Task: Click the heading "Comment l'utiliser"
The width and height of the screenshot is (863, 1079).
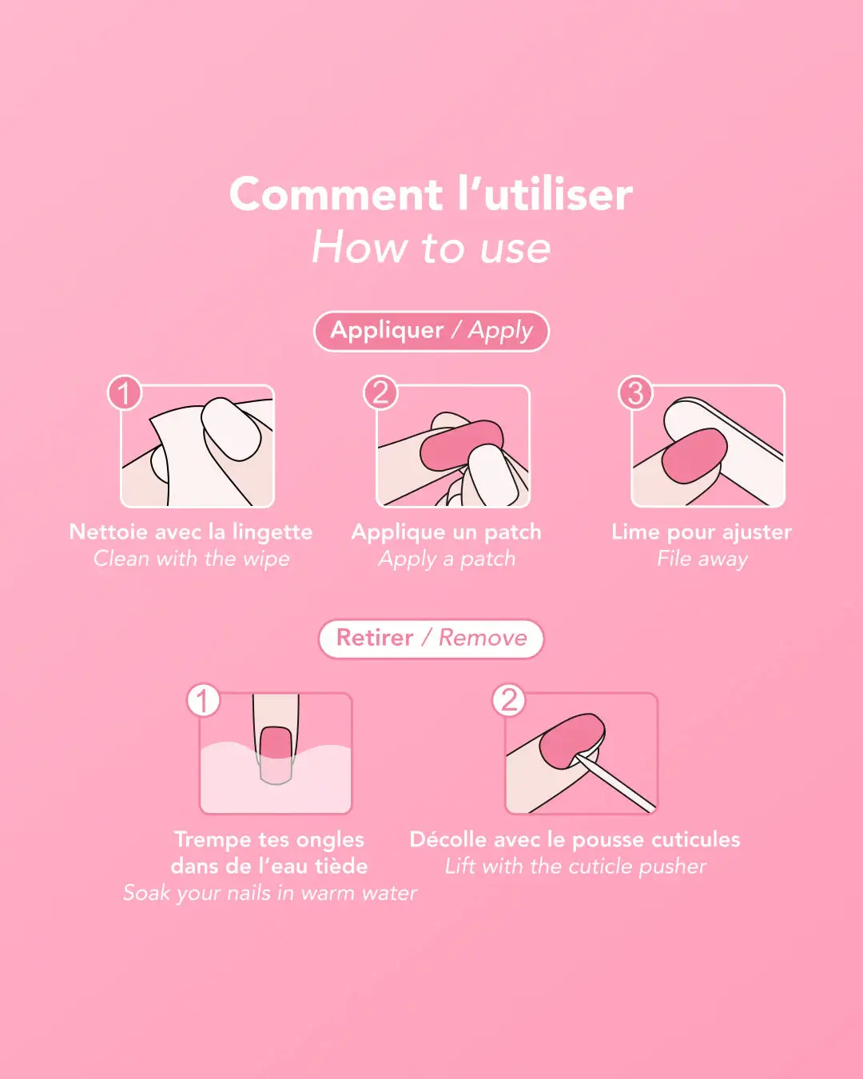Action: [x=431, y=194]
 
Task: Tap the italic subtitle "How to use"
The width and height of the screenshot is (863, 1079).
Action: [x=431, y=247]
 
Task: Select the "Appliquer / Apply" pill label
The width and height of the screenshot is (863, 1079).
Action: [x=431, y=331]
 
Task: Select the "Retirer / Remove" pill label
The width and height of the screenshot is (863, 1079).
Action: [x=431, y=639]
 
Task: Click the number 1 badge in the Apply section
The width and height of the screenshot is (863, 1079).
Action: [x=125, y=392]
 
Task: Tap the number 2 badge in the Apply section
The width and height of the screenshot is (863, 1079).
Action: [x=380, y=392]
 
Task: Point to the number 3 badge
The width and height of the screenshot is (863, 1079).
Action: [x=635, y=392]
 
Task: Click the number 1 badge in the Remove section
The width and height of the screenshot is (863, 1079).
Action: [x=203, y=700]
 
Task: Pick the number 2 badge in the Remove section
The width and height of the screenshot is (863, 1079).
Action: [x=508, y=700]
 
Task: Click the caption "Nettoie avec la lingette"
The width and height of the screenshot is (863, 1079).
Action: [x=191, y=532]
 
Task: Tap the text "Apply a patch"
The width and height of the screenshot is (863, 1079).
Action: [x=447, y=559]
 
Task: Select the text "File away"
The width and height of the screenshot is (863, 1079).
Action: [x=702, y=559]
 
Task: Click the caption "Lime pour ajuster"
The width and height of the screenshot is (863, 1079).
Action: [x=702, y=532]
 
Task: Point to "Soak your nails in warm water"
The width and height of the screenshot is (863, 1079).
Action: [x=270, y=893]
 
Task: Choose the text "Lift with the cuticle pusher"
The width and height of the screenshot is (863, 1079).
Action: [x=575, y=866]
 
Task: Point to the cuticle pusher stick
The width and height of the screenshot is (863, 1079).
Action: [x=615, y=783]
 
